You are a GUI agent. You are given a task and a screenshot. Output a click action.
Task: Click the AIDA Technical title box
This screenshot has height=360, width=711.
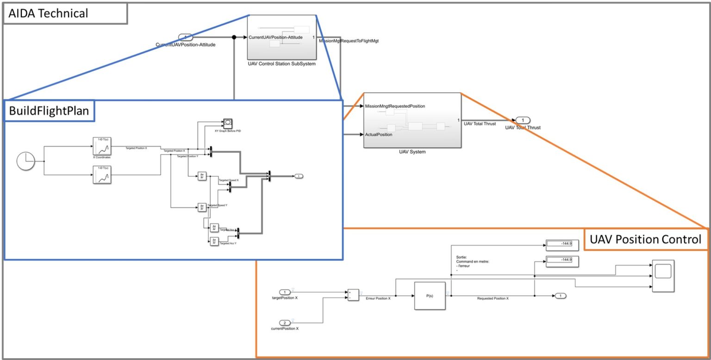click(x=65, y=14)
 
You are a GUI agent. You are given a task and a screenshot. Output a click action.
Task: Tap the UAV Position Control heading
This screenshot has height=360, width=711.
click(x=645, y=239)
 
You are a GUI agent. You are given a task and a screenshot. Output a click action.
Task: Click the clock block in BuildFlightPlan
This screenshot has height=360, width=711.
click(x=26, y=161)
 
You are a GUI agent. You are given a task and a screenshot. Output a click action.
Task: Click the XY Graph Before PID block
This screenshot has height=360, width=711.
click(x=228, y=123)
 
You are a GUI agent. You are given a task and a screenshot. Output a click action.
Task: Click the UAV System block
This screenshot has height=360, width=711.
click(x=412, y=120)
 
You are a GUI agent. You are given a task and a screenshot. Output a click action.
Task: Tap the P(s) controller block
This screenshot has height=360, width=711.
click(x=430, y=296)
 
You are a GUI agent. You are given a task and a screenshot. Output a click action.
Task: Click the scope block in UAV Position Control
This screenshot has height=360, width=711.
click(x=663, y=276)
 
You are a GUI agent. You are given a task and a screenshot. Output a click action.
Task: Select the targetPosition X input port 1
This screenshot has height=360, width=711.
click(x=285, y=292)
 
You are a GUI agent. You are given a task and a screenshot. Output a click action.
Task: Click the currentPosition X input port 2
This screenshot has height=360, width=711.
click(x=285, y=323)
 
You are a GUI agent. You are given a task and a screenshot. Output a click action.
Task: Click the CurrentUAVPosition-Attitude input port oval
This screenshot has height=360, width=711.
click(x=185, y=37)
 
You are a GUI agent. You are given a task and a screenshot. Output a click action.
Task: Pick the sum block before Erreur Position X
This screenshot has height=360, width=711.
click(x=352, y=295)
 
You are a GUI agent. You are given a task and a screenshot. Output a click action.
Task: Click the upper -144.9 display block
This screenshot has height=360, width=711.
click(x=559, y=244)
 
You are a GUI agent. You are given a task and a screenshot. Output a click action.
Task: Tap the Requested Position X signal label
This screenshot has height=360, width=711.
click(x=493, y=298)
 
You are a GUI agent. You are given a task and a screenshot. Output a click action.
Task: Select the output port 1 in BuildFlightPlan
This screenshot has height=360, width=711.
click(x=299, y=176)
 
